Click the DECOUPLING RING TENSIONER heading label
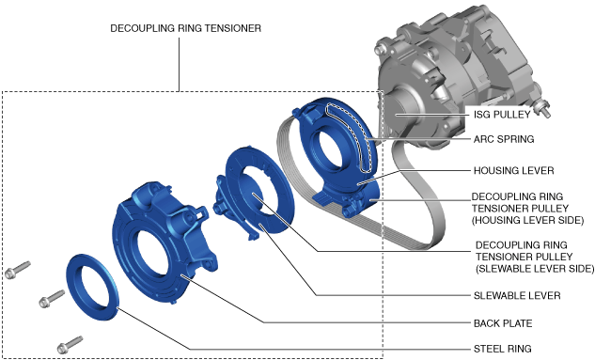[x=185, y=28]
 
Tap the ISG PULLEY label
[x=502, y=115]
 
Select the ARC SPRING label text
[x=504, y=139]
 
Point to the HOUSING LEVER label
[x=513, y=171]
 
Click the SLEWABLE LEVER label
[x=517, y=295]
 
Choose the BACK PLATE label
[x=503, y=323]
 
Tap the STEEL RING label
[x=502, y=349]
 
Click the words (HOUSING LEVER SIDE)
[x=528, y=220]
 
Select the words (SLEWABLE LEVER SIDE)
[x=535, y=269]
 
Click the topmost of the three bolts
[x=17, y=270]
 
